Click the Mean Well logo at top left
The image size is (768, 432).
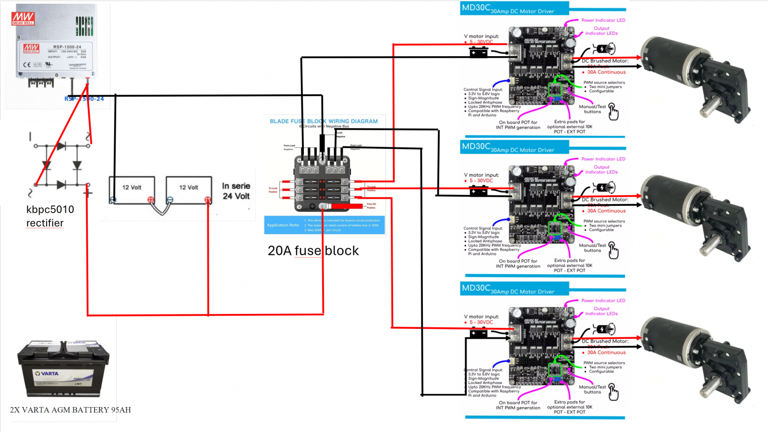23,19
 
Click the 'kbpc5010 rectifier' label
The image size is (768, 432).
50,216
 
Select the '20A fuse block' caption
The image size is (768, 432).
313,251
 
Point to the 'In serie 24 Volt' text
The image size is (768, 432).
236,191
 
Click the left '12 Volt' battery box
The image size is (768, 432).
132,190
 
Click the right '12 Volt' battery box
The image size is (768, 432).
189,190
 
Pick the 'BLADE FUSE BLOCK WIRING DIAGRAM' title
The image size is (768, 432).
324,121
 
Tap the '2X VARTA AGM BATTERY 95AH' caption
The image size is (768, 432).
70,410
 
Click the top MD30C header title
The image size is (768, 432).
508,9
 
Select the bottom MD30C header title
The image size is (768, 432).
508,289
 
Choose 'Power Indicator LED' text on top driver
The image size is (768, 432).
603,20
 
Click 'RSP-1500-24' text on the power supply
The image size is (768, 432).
67,47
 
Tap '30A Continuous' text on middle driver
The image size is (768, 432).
606,211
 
